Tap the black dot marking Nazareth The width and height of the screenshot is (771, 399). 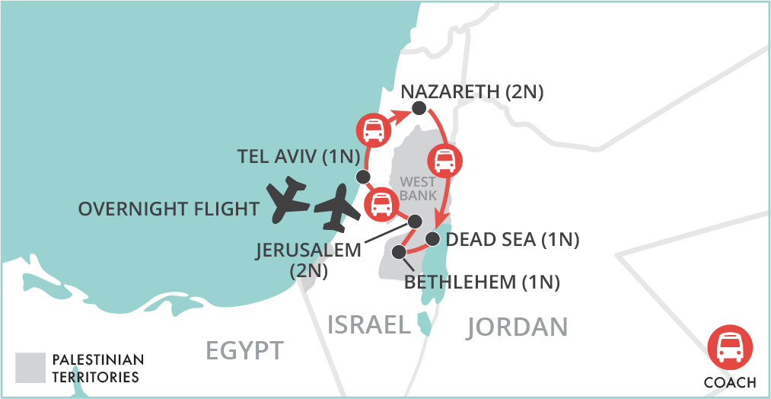tap(419, 110)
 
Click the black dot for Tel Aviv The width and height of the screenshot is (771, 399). tap(362, 177)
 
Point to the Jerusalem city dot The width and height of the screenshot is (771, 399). tap(415, 221)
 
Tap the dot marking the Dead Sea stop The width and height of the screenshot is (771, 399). tap(433, 239)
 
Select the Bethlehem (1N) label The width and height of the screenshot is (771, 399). tap(482, 282)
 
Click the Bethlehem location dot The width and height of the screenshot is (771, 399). tap(398, 252)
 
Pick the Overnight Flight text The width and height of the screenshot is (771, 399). tap(169, 208)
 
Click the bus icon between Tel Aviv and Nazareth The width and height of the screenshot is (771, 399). tap(372, 129)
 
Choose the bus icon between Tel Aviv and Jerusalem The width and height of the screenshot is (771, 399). tap(380, 204)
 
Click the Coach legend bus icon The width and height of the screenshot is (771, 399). tap(729, 347)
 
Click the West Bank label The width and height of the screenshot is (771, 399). tap(418, 189)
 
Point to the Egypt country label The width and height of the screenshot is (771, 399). tap(244, 350)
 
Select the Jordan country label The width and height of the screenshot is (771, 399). tap(518, 327)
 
